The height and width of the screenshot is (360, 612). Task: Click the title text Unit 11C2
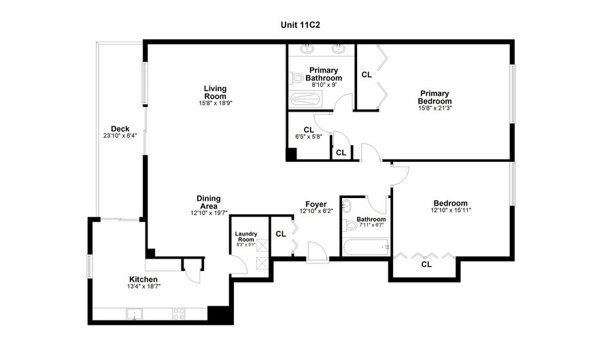coord(300,24)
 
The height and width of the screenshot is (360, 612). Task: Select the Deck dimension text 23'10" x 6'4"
coord(120,135)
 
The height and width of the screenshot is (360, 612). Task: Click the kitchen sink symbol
coord(135,314)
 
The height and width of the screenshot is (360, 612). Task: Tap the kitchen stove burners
coord(180,314)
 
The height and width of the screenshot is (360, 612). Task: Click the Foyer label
coord(316,203)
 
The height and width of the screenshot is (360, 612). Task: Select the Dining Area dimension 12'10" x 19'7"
coord(209,212)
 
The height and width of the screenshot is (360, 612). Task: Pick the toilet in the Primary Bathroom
coord(296,78)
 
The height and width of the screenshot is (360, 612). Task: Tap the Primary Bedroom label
coord(435,97)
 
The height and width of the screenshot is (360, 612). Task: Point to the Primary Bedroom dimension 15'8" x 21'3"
coord(435,108)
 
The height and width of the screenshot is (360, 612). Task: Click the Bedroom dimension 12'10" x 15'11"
coord(451,210)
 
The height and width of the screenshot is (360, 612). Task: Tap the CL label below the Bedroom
coord(426,264)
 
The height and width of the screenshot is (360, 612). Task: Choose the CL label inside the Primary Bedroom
coord(367,75)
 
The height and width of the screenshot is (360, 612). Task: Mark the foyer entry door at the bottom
coord(317,252)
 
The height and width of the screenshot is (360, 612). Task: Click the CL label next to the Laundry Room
coord(281,234)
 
